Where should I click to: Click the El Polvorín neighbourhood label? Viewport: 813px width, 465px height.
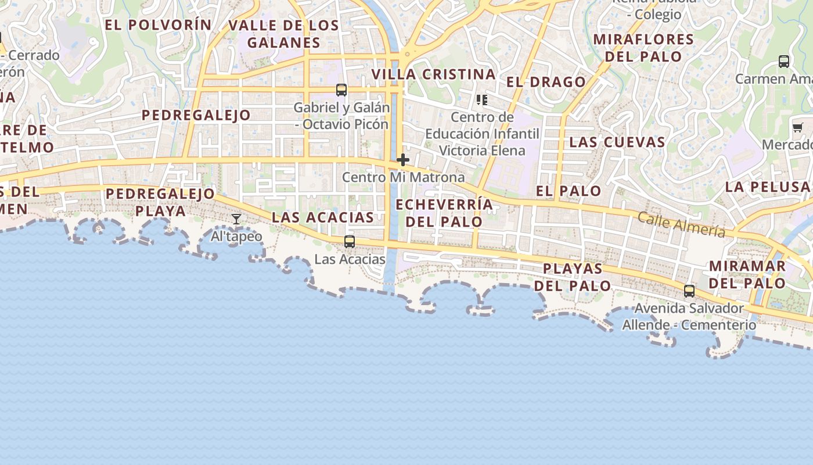click(158, 24)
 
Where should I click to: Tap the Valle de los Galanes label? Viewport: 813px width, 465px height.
click(283, 34)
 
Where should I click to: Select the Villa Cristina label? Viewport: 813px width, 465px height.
click(433, 74)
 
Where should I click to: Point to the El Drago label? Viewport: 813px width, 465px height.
click(546, 82)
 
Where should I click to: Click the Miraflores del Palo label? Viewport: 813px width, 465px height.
click(643, 48)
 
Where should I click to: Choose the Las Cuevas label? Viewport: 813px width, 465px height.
click(617, 142)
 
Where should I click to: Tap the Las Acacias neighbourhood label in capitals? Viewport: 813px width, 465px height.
click(323, 217)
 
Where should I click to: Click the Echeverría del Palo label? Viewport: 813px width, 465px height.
click(444, 213)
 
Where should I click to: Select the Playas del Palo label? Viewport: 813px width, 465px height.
click(573, 277)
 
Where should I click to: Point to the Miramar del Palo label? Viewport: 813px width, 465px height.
click(747, 274)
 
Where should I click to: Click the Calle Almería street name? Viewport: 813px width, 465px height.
click(681, 224)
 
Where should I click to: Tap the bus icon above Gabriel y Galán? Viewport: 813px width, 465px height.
click(341, 90)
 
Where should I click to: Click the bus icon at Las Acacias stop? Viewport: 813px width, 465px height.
click(350, 241)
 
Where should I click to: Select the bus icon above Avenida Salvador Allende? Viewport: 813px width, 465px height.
click(689, 291)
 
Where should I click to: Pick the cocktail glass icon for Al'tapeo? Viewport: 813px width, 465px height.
click(236, 219)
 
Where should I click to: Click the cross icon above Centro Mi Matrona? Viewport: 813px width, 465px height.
click(403, 160)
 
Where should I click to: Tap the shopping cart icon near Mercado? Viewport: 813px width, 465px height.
click(798, 127)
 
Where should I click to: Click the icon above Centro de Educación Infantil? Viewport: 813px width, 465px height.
click(481, 100)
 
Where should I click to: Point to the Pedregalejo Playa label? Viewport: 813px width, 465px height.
click(160, 202)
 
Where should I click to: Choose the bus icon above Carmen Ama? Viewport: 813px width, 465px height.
click(784, 61)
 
